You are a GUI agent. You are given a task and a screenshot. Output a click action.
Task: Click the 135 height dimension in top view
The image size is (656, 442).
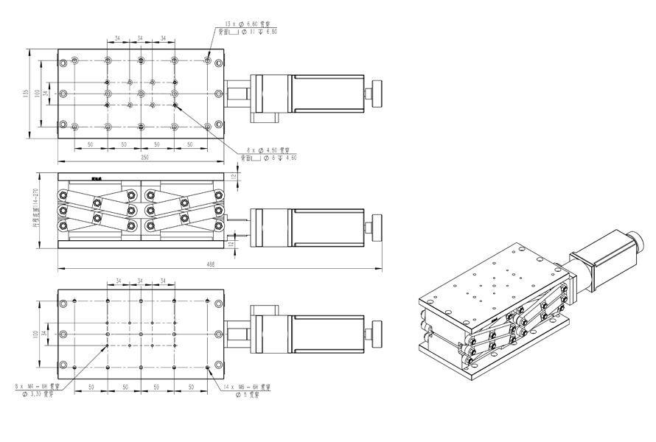pos(27,94)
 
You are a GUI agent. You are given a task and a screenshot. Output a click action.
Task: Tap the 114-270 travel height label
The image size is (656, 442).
pos(35,210)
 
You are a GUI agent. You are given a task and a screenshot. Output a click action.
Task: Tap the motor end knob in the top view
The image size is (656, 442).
pos(375,93)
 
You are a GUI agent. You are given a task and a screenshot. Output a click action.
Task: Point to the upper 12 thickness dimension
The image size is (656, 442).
pos(234,177)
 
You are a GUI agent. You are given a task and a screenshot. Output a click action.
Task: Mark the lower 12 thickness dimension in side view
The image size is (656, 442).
pos(234,243)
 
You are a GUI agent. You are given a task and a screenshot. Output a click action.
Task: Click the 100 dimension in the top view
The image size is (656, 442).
pos(38,94)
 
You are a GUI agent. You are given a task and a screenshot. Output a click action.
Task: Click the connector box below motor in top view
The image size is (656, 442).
pos(263,116)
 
